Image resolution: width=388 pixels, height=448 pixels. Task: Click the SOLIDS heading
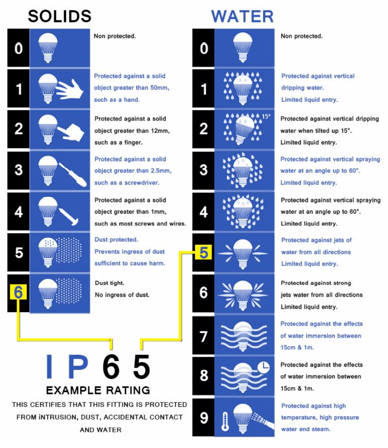point(60,16)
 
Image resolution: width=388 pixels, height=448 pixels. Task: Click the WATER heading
point(242,16)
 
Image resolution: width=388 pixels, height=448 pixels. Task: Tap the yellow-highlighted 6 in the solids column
point(18,292)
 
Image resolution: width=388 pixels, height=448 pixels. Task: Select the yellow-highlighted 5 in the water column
point(204,252)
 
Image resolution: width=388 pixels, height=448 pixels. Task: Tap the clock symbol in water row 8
point(264,367)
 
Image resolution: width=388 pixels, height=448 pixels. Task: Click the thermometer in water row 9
point(225,422)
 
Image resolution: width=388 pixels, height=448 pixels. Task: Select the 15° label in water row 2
point(266,116)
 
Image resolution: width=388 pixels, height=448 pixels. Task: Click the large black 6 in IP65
point(111,366)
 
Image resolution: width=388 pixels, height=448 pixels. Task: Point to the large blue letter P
point(78,366)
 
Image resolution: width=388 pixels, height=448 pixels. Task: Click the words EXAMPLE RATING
point(98,390)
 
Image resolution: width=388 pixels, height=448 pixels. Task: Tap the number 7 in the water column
point(204,336)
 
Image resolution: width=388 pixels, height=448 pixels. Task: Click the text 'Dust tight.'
point(110,283)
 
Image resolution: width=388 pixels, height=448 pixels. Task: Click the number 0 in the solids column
point(18,48)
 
